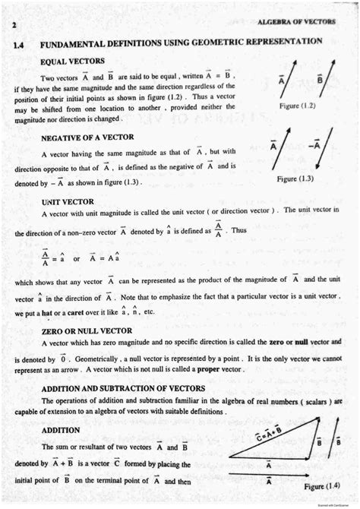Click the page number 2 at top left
[14, 25]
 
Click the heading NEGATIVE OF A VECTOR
[87, 137]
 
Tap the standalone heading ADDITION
[61, 429]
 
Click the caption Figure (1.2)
[297, 106]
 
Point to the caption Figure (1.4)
[322, 485]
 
